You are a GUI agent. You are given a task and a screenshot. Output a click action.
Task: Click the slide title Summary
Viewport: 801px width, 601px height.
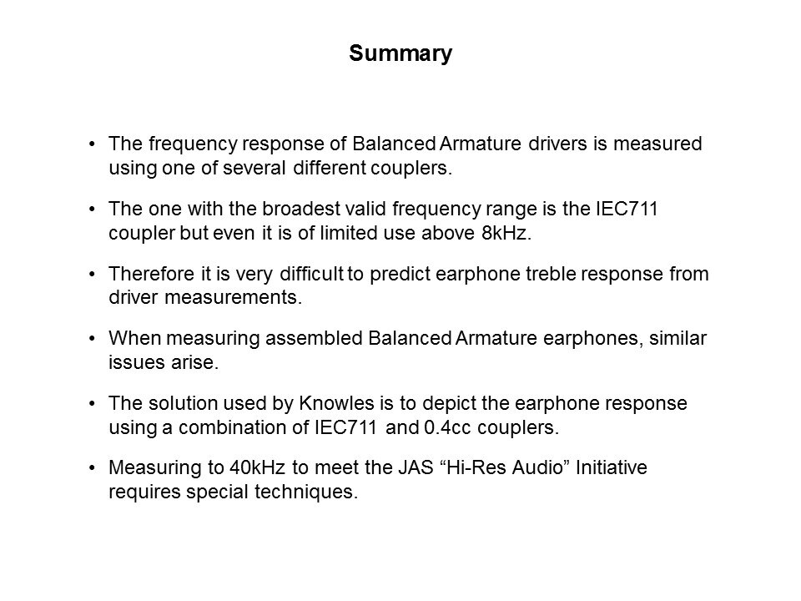pos(400,54)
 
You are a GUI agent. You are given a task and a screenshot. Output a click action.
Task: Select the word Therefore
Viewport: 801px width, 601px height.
pos(146,274)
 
